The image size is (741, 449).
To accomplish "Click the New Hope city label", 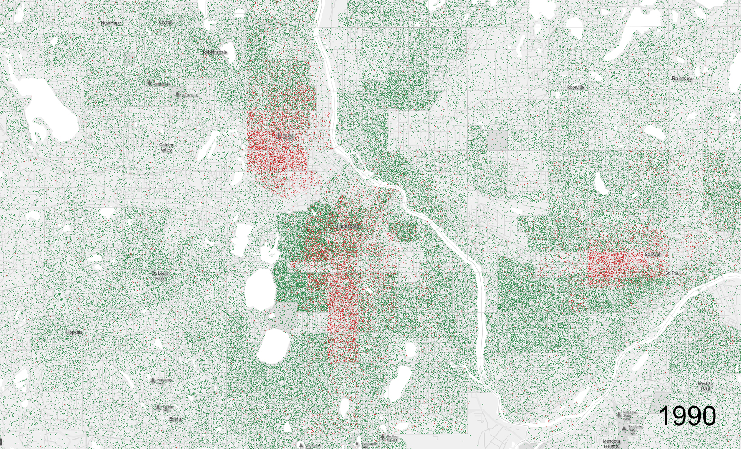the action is click(x=111, y=22).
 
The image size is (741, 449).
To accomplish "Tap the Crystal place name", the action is click(x=166, y=22).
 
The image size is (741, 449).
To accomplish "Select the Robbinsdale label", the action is click(x=215, y=52).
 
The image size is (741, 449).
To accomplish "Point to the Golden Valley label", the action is click(x=166, y=147).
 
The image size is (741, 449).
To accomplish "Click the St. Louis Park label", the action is click(x=160, y=276).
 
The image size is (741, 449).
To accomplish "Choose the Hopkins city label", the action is click(x=75, y=332).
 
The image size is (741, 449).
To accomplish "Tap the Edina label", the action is click(x=175, y=419).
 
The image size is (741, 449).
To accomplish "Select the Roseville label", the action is click(x=575, y=87).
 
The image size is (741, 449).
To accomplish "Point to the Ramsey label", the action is click(x=682, y=79).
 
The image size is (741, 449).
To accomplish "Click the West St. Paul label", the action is click(x=705, y=386).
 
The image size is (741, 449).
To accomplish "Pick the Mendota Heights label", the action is click(x=611, y=444).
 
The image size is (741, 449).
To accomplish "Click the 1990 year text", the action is click(x=688, y=416).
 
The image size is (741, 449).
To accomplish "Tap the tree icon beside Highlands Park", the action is click(x=153, y=381).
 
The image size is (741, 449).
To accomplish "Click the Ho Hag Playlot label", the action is click(x=392, y=437).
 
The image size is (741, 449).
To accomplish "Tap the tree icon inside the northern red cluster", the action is click(x=279, y=135).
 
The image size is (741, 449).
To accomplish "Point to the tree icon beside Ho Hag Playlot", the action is click(x=383, y=436).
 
